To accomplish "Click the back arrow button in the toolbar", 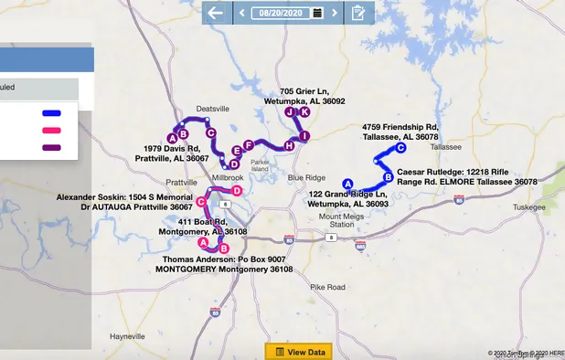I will coord(215,13).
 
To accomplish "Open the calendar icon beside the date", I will coord(316,13).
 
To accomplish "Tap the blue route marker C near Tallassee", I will coord(400,148).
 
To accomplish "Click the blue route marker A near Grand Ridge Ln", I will coord(346,184).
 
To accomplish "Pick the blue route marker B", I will coord(388,176).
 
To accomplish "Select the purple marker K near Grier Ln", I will coord(304,111).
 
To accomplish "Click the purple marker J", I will coord(290,112).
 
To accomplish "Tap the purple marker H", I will coord(289,145).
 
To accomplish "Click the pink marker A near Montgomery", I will coord(203,243).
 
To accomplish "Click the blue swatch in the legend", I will coord(51,114).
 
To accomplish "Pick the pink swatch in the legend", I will coord(51,131).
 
